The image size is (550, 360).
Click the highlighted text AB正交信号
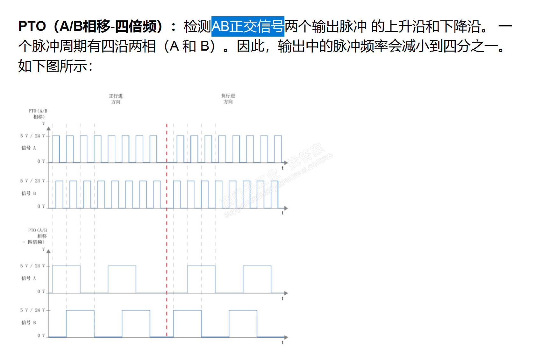click(x=247, y=26)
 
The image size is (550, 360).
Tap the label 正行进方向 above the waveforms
click(x=116, y=99)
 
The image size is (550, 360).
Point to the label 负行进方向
click(x=228, y=98)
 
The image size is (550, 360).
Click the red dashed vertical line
click(x=167, y=223)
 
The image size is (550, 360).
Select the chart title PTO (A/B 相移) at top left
click(x=38, y=114)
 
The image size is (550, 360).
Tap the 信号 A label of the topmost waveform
click(x=29, y=148)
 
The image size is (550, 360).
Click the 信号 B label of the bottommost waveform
click(x=29, y=322)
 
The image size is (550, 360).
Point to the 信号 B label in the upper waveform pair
click(x=29, y=193)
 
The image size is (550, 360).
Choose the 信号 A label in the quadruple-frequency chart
click(x=29, y=278)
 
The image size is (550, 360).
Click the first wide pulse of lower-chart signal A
click(x=66, y=279)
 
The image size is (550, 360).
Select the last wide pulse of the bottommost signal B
click(x=243, y=323)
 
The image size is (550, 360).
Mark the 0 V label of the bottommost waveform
click(x=41, y=335)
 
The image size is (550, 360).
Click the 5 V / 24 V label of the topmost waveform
click(x=32, y=136)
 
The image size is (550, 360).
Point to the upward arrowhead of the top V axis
click(x=48, y=129)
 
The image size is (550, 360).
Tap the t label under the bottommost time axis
click(x=282, y=342)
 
